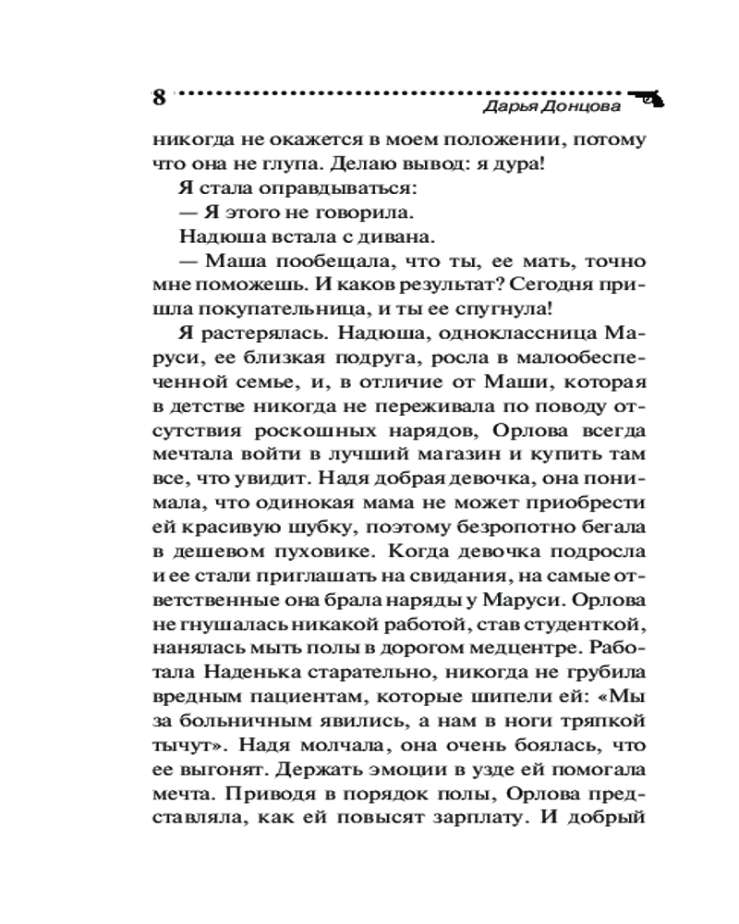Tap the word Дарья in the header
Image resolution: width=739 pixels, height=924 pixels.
(510, 107)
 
